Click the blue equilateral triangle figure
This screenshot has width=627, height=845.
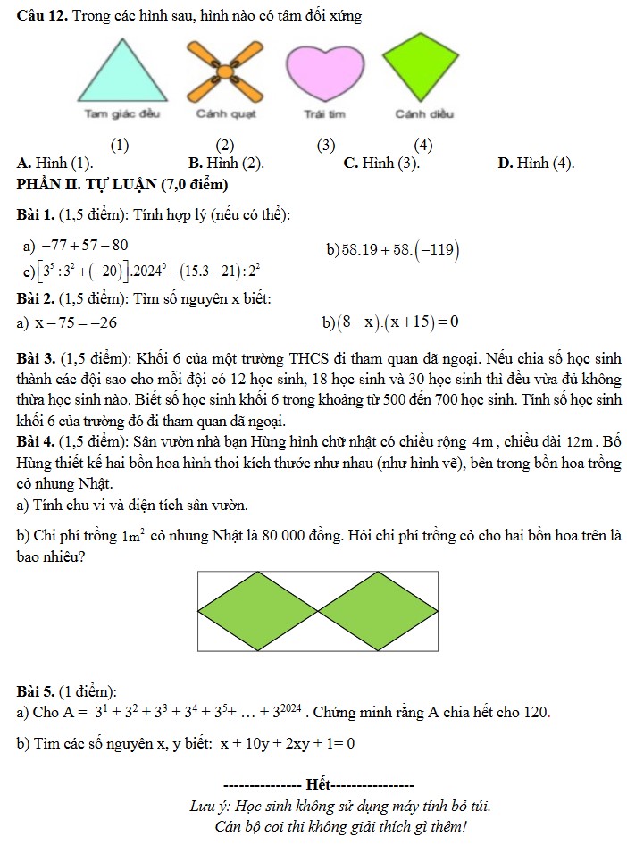coord(119,75)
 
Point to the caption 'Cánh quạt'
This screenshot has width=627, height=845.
coord(227,114)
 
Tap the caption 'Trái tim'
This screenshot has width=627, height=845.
coord(324,114)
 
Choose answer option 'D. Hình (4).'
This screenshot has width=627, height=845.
coord(536,163)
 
